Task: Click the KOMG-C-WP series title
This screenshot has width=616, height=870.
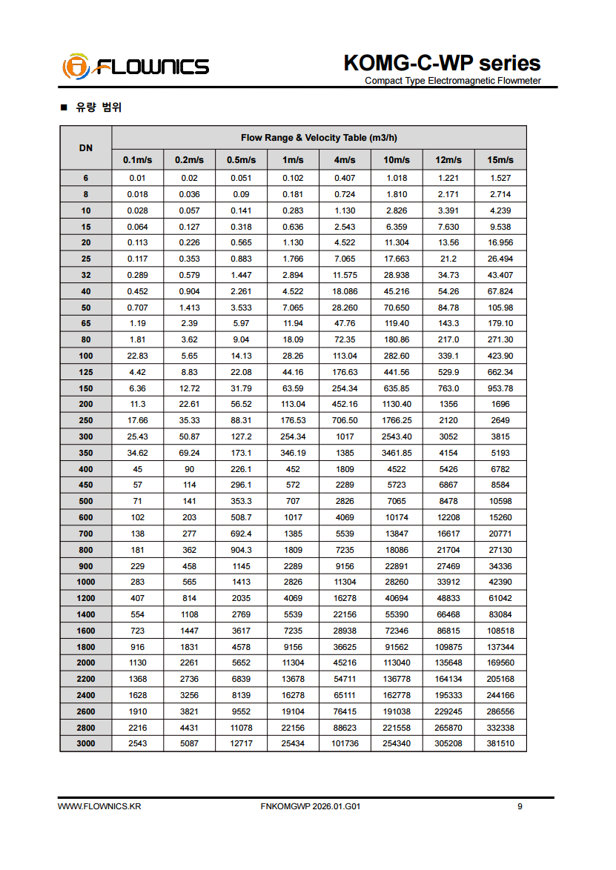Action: tap(442, 63)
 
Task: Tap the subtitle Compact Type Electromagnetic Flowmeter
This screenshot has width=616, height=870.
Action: tap(452, 81)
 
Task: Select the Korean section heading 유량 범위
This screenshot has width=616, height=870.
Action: tap(98, 107)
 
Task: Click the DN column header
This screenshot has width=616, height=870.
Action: tap(86, 147)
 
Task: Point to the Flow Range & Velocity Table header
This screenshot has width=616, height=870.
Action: tap(319, 138)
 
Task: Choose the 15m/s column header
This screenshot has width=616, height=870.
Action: tap(500, 160)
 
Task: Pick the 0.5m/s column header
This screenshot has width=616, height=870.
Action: tap(241, 160)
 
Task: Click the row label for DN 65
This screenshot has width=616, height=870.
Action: tap(86, 324)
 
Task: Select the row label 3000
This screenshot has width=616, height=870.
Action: tap(86, 743)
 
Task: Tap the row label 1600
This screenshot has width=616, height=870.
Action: tap(86, 631)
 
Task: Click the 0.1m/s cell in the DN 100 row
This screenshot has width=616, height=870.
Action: tap(138, 356)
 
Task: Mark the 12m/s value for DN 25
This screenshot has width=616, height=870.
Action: tap(448, 259)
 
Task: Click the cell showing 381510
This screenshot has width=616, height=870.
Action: tap(500, 743)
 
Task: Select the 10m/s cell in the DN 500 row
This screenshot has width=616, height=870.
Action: tap(397, 502)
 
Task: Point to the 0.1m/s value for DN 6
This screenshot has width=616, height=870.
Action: tap(138, 179)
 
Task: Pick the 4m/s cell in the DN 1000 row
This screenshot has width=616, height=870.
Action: tap(345, 582)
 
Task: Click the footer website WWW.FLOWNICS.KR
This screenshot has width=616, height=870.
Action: tap(99, 806)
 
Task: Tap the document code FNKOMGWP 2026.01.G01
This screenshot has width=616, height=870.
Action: tap(311, 806)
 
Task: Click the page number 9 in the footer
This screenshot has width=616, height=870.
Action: tap(520, 806)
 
